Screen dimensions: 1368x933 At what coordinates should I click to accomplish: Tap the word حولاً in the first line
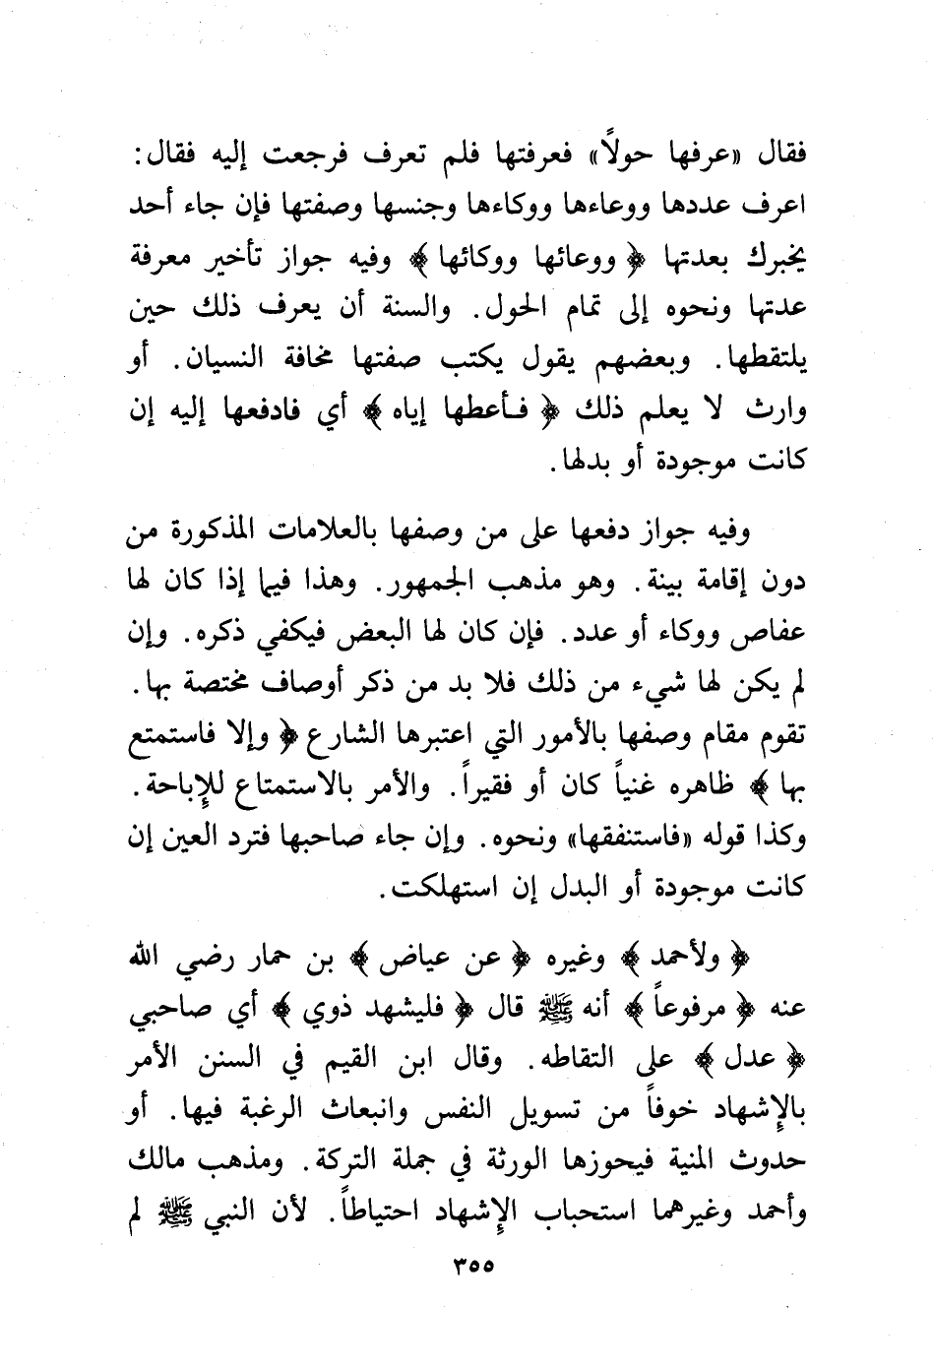coord(623,155)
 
